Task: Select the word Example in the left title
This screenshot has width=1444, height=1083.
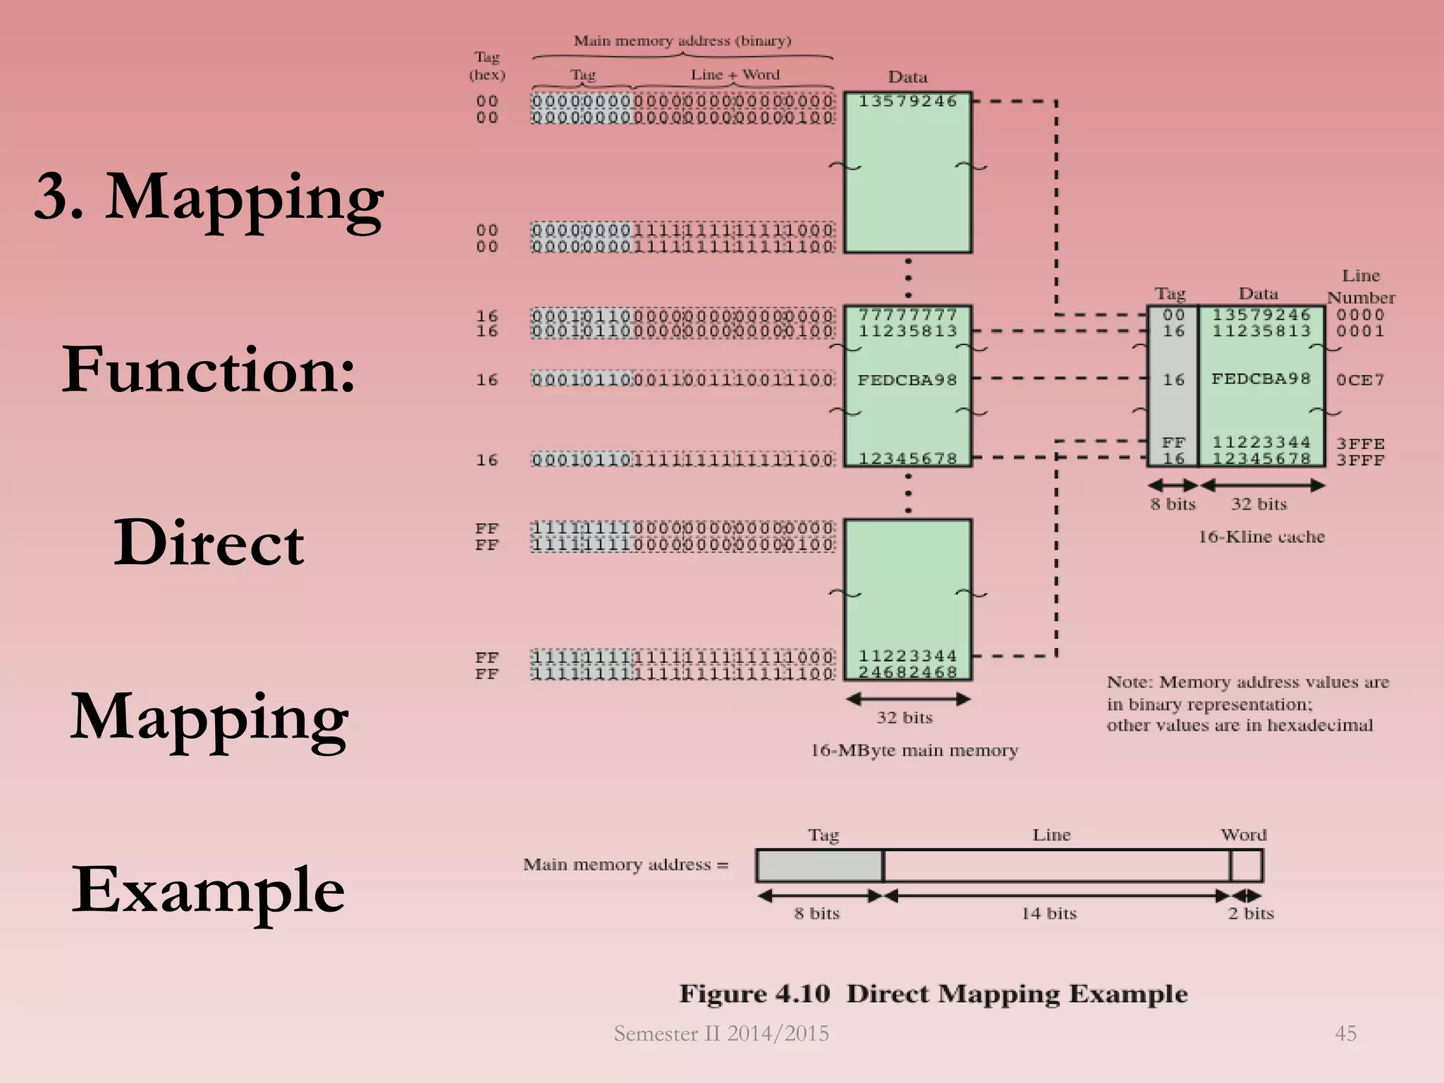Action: (x=209, y=890)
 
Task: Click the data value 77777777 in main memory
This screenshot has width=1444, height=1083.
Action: (x=907, y=314)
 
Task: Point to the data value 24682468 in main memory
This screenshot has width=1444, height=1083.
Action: (x=907, y=672)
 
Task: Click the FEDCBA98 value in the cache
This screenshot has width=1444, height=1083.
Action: (x=1261, y=379)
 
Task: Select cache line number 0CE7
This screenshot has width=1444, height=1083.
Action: (x=1360, y=380)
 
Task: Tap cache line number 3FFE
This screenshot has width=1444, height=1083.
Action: (x=1360, y=443)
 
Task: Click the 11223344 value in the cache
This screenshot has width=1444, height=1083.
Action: (x=1261, y=442)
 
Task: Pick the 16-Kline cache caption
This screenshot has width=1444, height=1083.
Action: (x=1261, y=537)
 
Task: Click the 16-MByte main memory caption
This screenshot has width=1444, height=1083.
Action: (x=914, y=750)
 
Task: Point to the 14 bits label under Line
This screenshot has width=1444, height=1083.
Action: (x=1049, y=913)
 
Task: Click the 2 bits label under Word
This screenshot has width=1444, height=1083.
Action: (x=1251, y=913)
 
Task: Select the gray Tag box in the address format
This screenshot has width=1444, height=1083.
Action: (x=819, y=866)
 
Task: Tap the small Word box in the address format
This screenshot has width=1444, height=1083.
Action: (x=1247, y=866)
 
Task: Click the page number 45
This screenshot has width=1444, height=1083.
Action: (x=1345, y=1034)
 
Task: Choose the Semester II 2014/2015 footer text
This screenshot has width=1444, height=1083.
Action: (x=721, y=1034)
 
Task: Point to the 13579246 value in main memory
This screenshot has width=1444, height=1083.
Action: (x=907, y=102)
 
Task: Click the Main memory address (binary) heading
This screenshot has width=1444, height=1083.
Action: (x=682, y=41)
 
